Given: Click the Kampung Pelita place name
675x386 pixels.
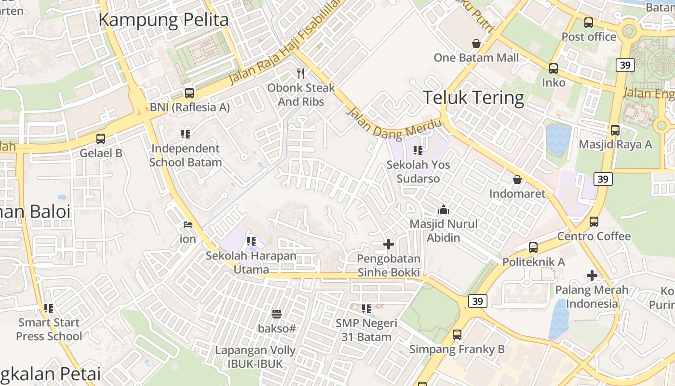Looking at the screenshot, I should [163, 20].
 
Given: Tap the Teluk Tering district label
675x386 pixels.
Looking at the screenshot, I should [473, 97].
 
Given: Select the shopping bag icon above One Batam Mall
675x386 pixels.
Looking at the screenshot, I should [476, 43].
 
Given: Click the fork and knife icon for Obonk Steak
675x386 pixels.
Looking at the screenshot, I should [301, 73].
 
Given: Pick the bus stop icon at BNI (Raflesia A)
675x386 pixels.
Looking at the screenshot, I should [189, 93].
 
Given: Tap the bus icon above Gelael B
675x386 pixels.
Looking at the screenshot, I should [101, 139].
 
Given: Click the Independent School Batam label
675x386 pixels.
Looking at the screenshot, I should [186, 155].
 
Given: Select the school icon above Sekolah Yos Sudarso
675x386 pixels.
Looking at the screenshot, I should [418, 151].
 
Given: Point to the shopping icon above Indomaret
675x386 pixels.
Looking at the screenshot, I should [517, 180].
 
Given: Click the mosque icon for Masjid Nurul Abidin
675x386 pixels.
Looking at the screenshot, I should [443, 210].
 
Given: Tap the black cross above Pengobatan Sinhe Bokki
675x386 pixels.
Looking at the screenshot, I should [389, 245].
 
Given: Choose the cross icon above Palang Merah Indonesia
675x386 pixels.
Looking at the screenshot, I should [592, 276].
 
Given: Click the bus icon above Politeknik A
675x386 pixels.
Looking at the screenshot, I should [533, 248].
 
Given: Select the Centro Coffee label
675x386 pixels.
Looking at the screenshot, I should [594, 236].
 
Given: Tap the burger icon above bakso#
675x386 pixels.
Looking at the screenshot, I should [277, 315].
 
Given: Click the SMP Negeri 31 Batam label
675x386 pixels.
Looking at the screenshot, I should [366, 330].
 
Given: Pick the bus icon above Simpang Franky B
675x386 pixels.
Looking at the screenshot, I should [457, 335].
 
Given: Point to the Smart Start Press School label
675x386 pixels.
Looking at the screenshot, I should [49, 329].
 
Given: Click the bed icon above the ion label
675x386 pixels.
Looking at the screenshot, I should [188, 225].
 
